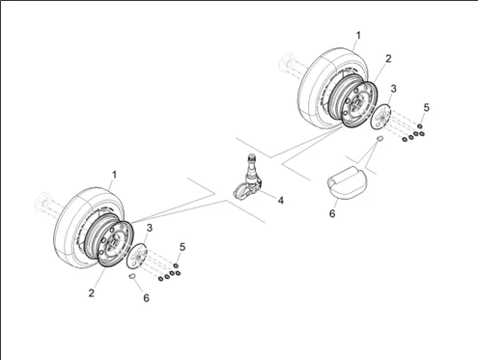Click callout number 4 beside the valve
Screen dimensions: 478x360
pyautogui.click(x=281, y=201)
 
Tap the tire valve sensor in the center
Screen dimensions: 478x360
pyautogui.click(x=248, y=180)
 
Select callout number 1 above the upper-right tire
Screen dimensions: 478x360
pyautogui.click(x=358, y=36)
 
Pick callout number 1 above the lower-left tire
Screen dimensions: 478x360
pyautogui.click(x=114, y=175)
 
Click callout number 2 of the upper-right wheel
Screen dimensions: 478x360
pyautogui.click(x=388, y=59)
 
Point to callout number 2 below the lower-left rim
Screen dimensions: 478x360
pyautogui.click(x=92, y=293)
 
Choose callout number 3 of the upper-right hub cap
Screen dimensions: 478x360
pyautogui.click(x=393, y=89)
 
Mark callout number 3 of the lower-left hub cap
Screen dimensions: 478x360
pyautogui.click(x=150, y=228)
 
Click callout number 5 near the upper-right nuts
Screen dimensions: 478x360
pyautogui.click(x=427, y=107)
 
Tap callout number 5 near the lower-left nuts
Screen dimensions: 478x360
pyautogui.click(x=183, y=247)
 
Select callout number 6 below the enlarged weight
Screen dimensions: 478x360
pyautogui.click(x=332, y=213)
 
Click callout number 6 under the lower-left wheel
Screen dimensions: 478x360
pyautogui.click(x=146, y=298)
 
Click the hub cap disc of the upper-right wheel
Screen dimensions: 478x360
pyautogui.click(x=380, y=117)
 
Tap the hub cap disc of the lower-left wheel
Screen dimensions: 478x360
pyautogui.click(x=137, y=256)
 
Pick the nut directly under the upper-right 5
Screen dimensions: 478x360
pyautogui.click(x=419, y=125)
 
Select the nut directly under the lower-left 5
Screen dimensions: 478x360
pyautogui.click(x=176, y=265)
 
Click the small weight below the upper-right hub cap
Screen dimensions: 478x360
pyautogui.click(x=380, y=138)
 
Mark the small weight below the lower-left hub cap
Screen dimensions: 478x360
pyautogui.click(x=131, y=276)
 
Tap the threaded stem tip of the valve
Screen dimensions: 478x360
pyautogui.click(x=251, y=157)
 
